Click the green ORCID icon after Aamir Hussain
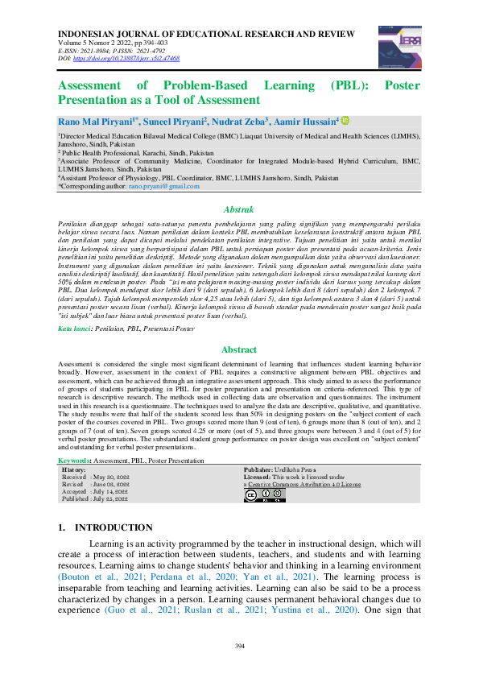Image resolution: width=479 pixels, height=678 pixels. coord(345,120)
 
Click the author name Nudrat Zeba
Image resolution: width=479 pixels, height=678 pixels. coord(241,121)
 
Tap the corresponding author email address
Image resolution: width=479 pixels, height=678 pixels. coord(166,186)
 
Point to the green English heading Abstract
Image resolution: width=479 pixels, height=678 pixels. coord(239,350)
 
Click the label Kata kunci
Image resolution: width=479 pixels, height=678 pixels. coord(75,329)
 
